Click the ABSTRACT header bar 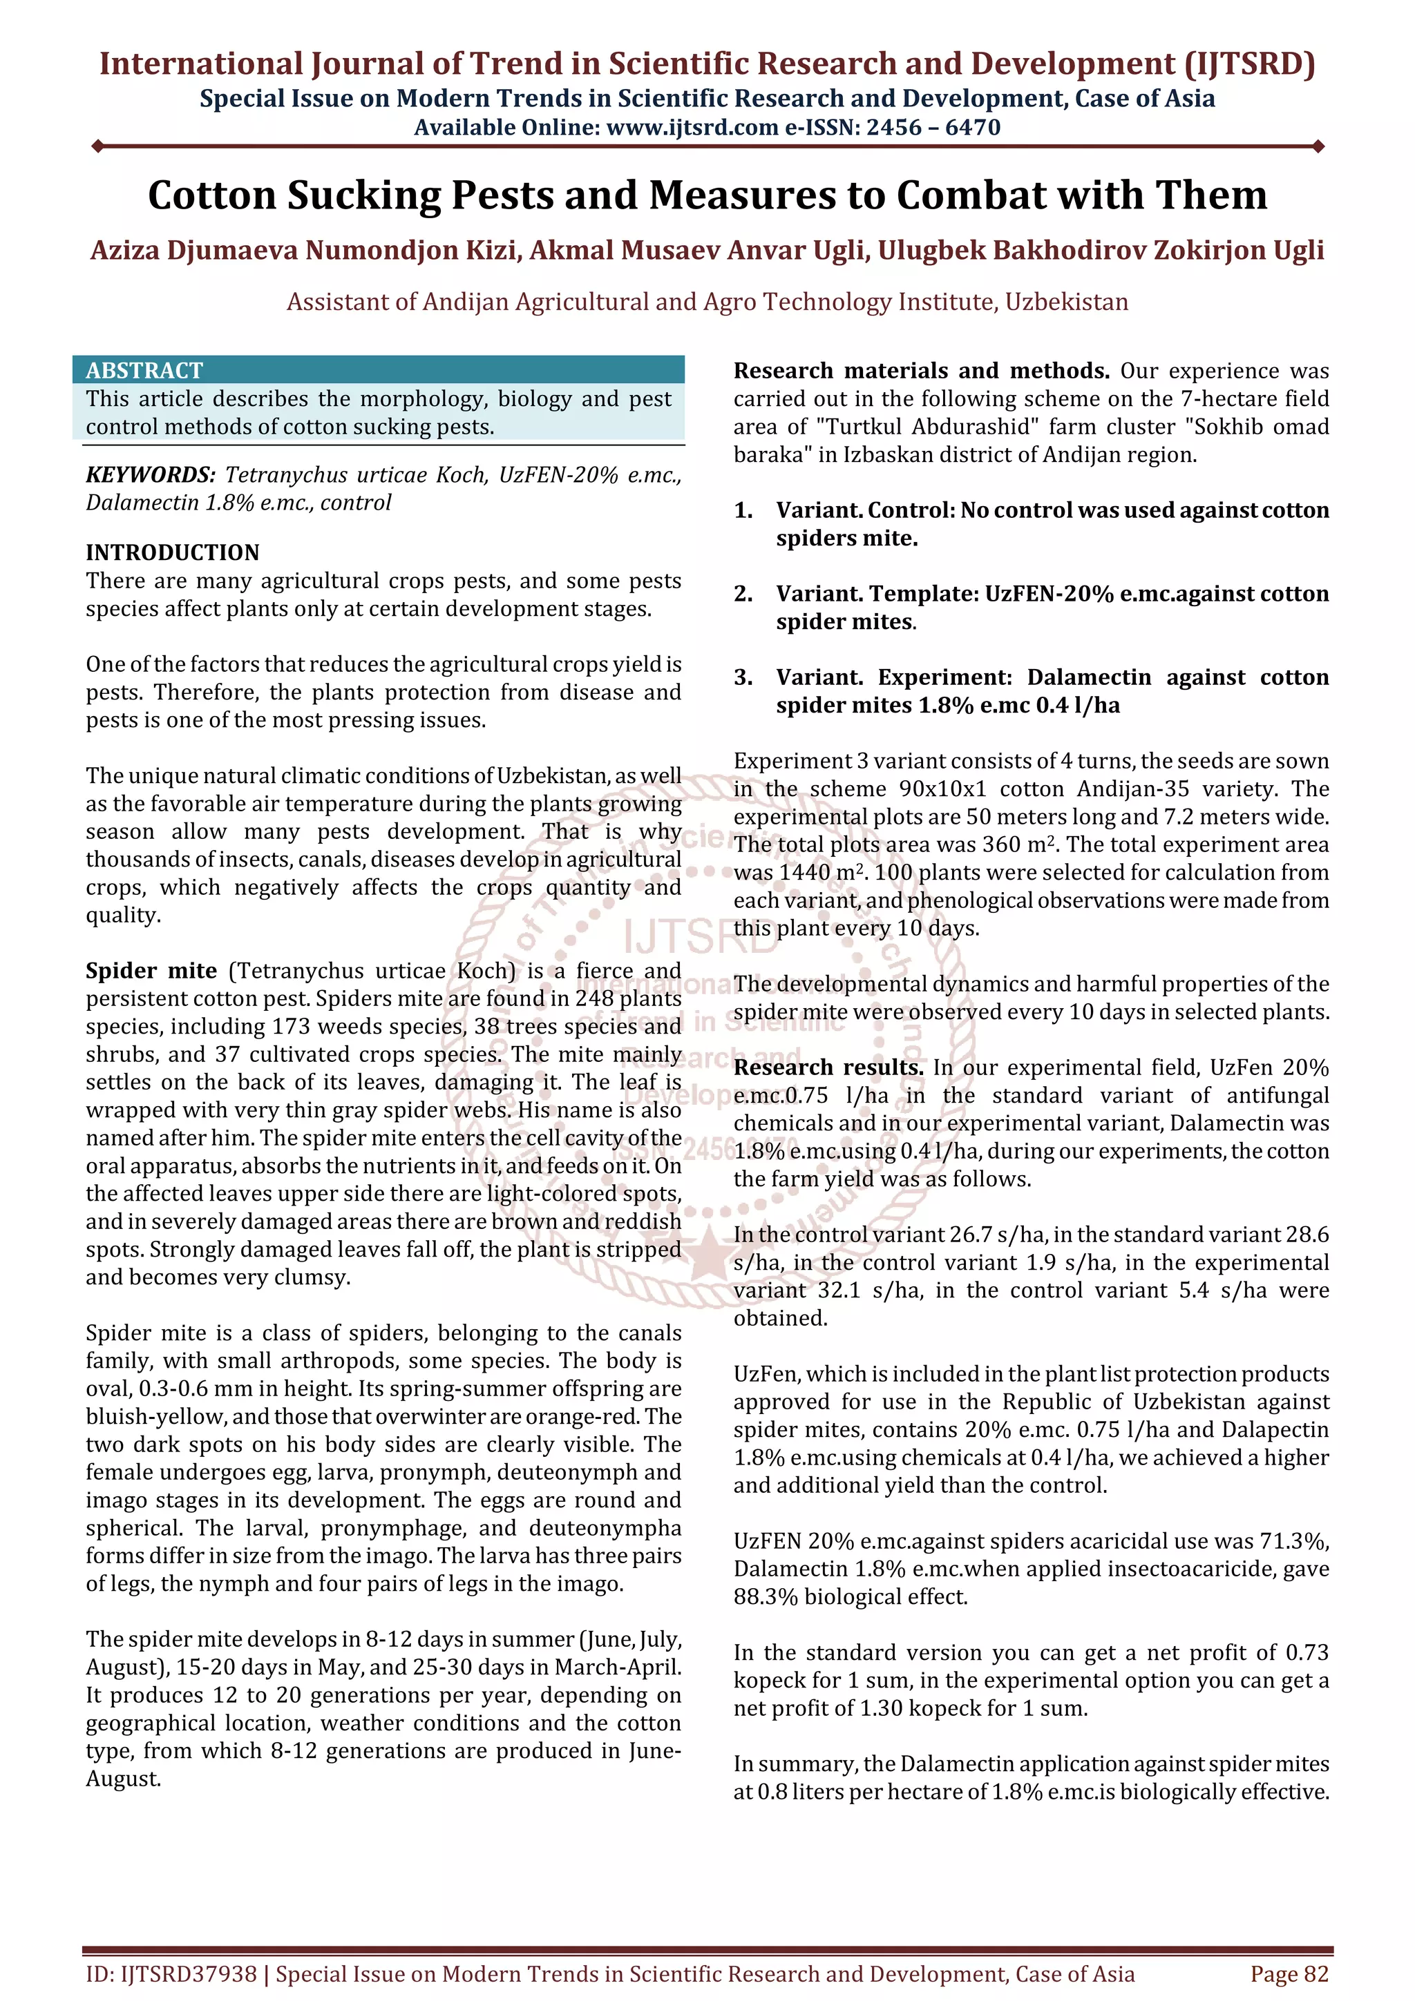point(379,369)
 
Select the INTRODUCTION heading point(173,552)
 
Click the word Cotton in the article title point(210,195)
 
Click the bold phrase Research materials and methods point(921,371)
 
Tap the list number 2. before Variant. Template point(743,594)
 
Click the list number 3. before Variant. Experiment point(743,678)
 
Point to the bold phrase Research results point(828,1068)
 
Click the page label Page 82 point(1289,1974)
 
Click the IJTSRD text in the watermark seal point(700,937)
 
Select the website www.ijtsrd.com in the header point(692,128)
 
